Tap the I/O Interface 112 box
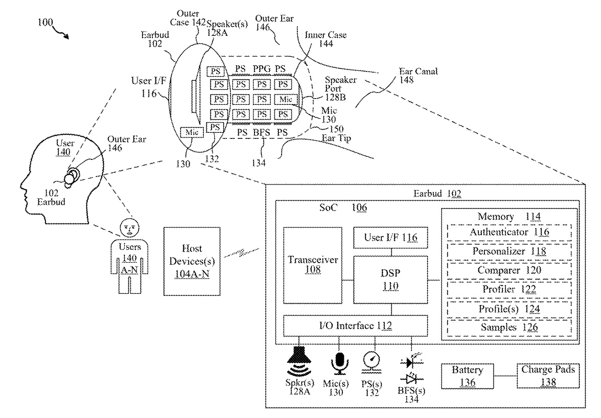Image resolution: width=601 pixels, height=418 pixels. click(x=355, y=326)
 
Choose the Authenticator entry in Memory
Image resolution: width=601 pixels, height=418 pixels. click(x=510, y=233)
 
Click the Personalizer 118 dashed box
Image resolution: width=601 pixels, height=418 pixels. click(x=510, y=251)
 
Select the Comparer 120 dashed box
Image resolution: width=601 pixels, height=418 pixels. click(x=510, y=270)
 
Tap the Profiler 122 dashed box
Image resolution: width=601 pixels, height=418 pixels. click(x=510, y=289)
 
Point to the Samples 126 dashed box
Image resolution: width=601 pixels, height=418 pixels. click(x=510, y=328)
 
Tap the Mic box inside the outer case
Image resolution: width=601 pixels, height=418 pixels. click(x=192, y=132)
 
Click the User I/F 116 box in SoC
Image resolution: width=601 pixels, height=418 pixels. click(x=391, y=238)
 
